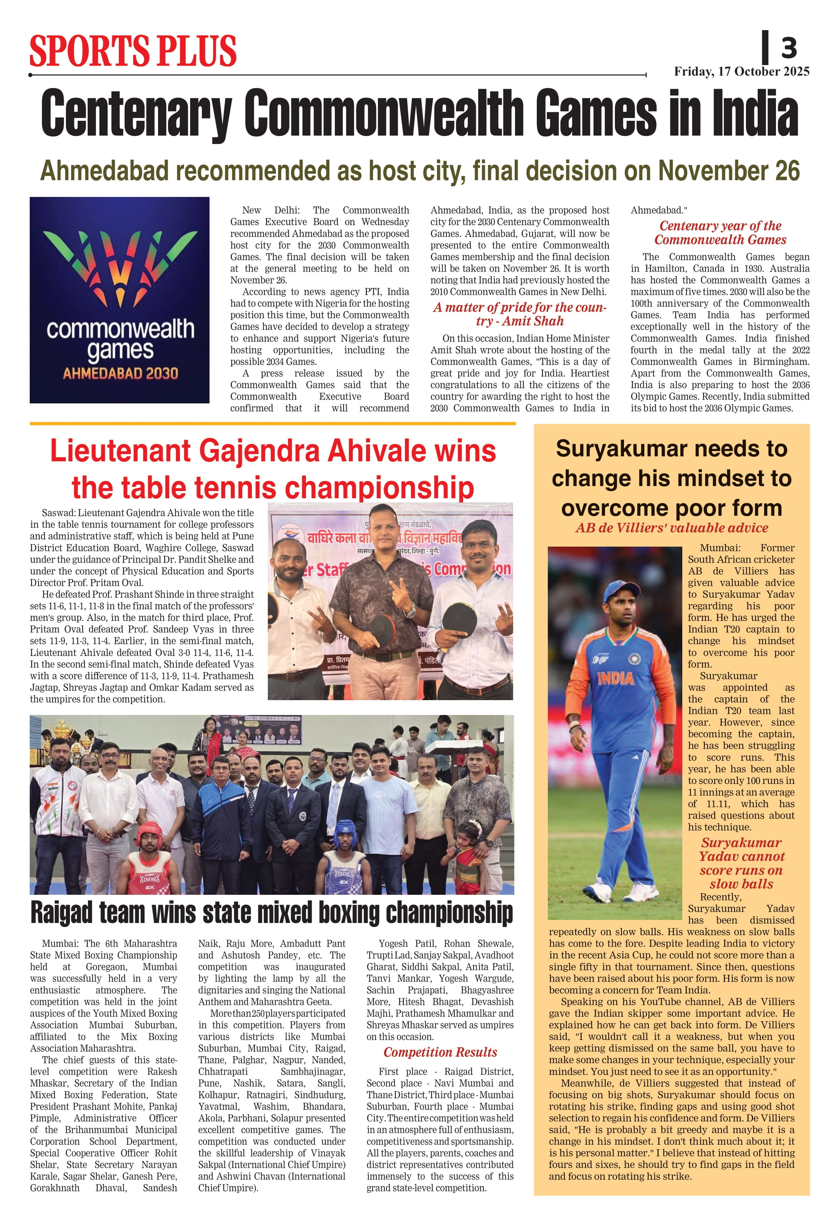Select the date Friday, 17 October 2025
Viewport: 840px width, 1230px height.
click(x=741, y=72)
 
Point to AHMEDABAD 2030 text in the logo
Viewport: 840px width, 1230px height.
click(x=120, y=373)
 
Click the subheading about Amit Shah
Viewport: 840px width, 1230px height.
click(x=519, y=314)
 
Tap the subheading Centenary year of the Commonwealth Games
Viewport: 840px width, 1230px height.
click(x=720, y=232)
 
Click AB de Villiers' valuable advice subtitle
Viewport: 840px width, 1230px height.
click(x=671, y=528)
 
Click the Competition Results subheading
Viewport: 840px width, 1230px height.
click(x=440, y=1052)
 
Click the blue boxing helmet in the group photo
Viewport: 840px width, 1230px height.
click(x=345, y=830)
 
